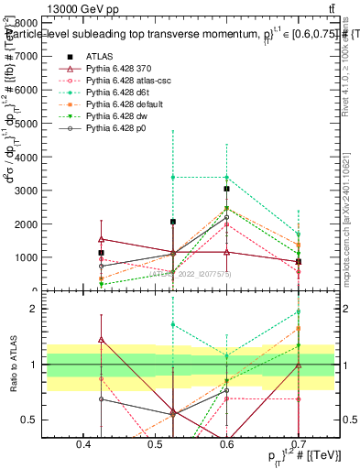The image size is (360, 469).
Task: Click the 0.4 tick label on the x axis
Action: (83, 443)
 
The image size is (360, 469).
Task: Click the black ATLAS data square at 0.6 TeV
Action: (226, 189)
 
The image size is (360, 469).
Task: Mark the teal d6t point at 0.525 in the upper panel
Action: (172, 177)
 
